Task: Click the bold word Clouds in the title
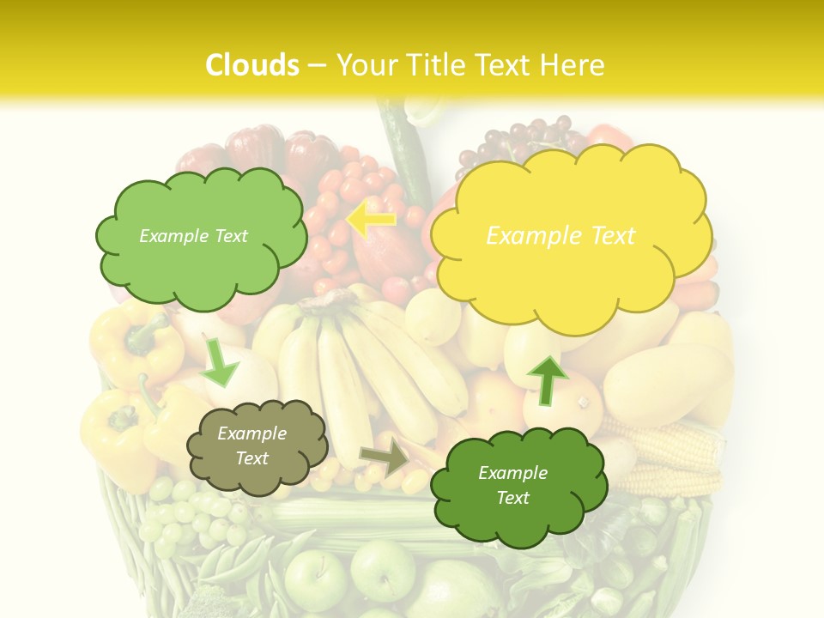tap(253, 65)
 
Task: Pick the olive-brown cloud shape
tap(256, 446)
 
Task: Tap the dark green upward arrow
tap(547, 379)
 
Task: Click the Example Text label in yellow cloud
tap(560, 236)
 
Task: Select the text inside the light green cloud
tap(193, 236)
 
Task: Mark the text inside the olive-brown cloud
tap(251, 446)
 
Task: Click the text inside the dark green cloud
tap(512, 485)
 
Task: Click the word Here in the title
tap(575, 65)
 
